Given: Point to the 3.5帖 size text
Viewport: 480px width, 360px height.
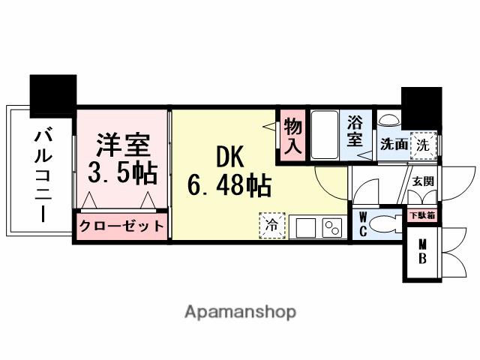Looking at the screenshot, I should pos(121,173).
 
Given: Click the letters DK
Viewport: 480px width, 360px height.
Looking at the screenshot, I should pos(229,155).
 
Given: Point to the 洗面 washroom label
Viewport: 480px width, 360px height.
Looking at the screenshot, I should pos(392,143).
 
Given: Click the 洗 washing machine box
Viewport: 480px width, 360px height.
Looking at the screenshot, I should pos(424,145).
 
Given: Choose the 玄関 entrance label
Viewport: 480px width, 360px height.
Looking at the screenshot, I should pos(422,181).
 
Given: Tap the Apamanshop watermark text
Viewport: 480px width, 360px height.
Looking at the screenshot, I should pos(240,312).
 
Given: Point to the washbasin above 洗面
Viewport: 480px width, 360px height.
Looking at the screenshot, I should pos(389,121).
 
